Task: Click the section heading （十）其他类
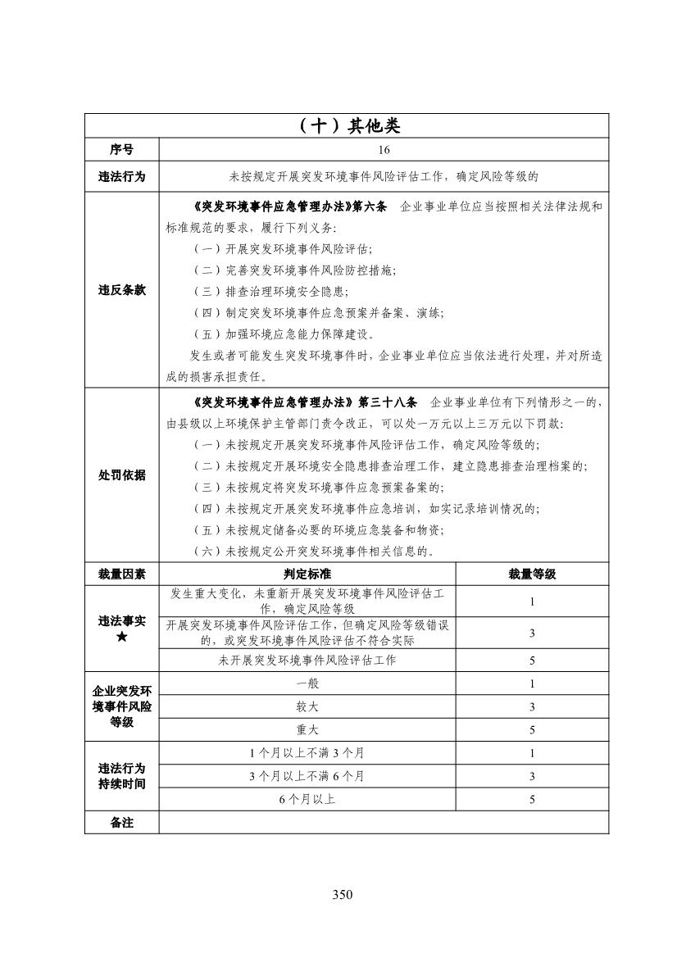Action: point(348,125)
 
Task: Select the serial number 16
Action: point(384,150)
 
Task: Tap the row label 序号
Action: point(122,150)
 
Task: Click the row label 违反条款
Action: point(122,291)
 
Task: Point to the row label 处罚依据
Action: point(122,475)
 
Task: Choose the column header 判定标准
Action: point(307,574)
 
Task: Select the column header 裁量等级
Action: point(532,574)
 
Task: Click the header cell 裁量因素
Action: point(122,574)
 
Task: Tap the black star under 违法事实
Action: point(122,637)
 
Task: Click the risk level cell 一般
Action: point(307,683)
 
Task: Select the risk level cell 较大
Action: point(307,706)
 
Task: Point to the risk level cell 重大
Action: point(307,729)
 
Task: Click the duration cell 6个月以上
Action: point(307,799)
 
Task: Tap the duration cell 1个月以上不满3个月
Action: point(307,753)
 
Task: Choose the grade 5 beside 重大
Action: point(532,729)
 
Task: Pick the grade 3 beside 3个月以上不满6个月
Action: point(532,776)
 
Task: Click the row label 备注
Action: point(122,822)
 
